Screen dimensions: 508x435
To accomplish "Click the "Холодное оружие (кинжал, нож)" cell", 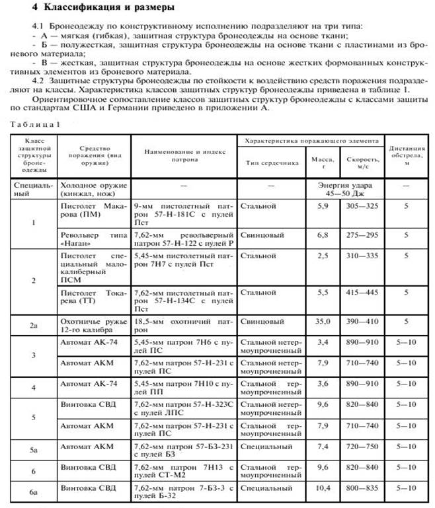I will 93,190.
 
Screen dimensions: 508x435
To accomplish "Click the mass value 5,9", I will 324,206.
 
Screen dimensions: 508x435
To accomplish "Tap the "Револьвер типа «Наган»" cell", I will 93,239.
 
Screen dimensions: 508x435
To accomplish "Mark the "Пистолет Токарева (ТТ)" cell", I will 93,296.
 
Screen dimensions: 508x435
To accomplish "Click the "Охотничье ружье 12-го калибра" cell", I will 93,324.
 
